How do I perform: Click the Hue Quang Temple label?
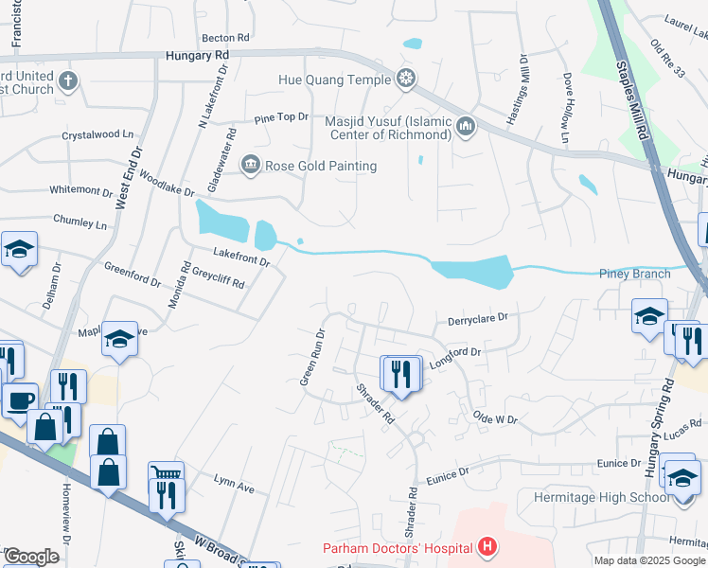coord(334,80)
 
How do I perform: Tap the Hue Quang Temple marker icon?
coord(406,78)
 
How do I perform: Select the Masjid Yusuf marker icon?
coord(465,127)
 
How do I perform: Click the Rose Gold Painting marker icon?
coord(251,166)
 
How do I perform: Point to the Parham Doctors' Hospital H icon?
coord(487,546)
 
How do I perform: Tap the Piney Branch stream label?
coord(634,274)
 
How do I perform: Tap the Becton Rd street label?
coord(224,37)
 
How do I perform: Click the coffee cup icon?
coord(18,399)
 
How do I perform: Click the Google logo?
coord(30,557)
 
